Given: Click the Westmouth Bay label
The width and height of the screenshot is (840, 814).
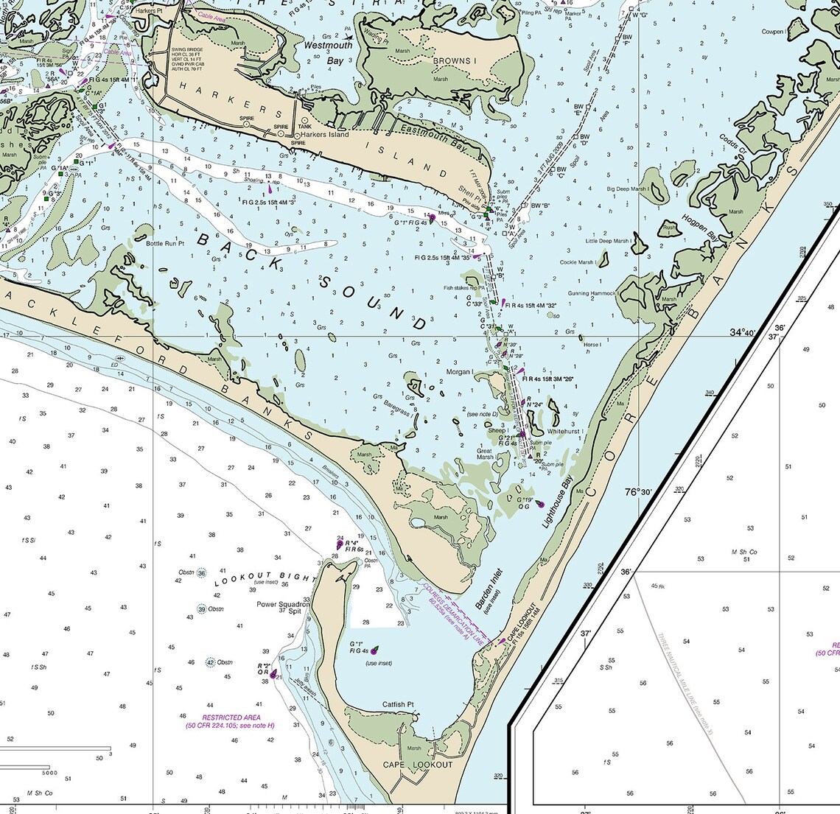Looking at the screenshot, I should pyautogui.click(x=329, y=52).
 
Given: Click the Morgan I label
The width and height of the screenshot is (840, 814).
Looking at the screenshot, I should pyautogui.click(x=460, y=372).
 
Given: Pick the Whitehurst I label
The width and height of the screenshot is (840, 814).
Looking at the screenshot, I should pyautogui.click(x=565, y=431).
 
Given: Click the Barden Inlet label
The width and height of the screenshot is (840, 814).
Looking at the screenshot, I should pyautogui.click(x=489, y=589).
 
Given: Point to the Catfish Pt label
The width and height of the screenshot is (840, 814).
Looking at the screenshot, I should pyautogui.click(x=398, y=705).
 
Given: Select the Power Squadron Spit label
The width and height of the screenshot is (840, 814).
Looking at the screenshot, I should pyautogui.click(x=284, y=608).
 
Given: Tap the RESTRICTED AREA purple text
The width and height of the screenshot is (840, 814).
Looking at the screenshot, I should pyautogui.click(x=230, y=721).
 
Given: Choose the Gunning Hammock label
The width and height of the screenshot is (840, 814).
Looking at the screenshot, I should pyautogui.click(x=591, y=293).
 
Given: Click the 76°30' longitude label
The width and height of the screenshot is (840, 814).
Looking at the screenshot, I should pyautogui.click(x=639, y=492).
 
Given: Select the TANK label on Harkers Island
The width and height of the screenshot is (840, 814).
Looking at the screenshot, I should pyautogui.click(x=304, y=127).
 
